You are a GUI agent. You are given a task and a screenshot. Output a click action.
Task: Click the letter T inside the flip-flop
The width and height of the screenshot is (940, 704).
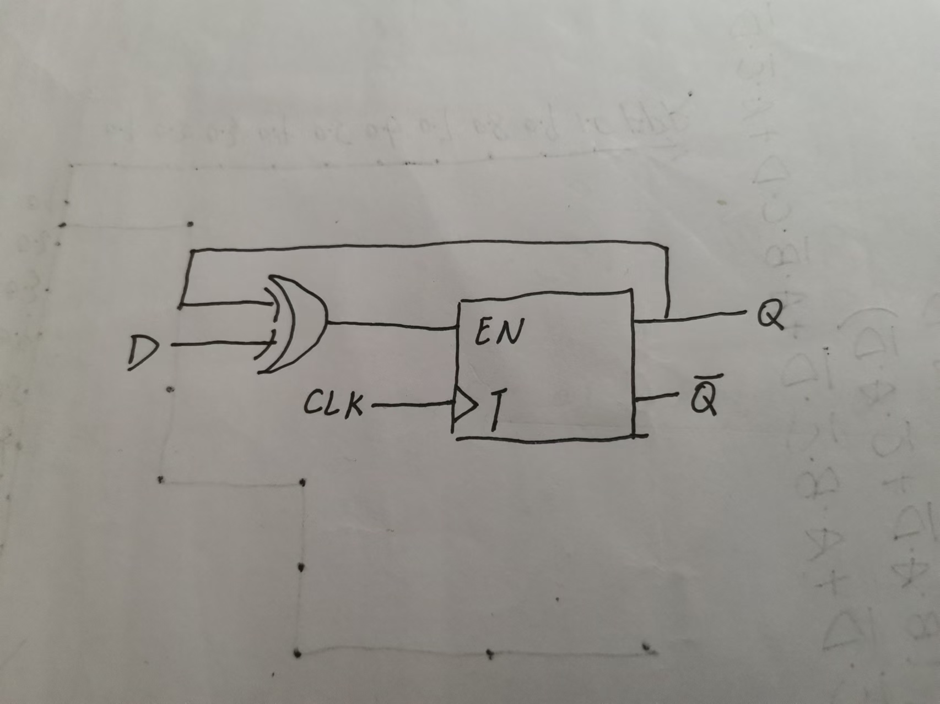pyautogui.click(x=496, y=410)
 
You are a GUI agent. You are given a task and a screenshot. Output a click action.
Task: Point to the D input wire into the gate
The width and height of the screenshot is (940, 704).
pyautogui.click(x=220, y=345)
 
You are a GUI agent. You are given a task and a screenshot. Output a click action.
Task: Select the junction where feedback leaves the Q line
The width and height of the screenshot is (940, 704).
pyautogui.click(x=667, y=318)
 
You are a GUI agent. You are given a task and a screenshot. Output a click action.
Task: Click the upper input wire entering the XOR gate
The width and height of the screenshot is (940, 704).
pyautogui.click(x=226, y=303)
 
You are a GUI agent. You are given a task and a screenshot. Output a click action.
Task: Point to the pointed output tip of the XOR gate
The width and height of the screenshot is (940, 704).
pyautogui.click(x=327, y=322)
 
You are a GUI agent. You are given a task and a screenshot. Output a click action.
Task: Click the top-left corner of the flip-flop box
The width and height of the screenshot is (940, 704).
pyautogui.click(x=461, y=302)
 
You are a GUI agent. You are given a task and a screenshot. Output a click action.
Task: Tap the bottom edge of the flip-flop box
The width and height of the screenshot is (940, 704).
pyautogui.click(x=545, y=439)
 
